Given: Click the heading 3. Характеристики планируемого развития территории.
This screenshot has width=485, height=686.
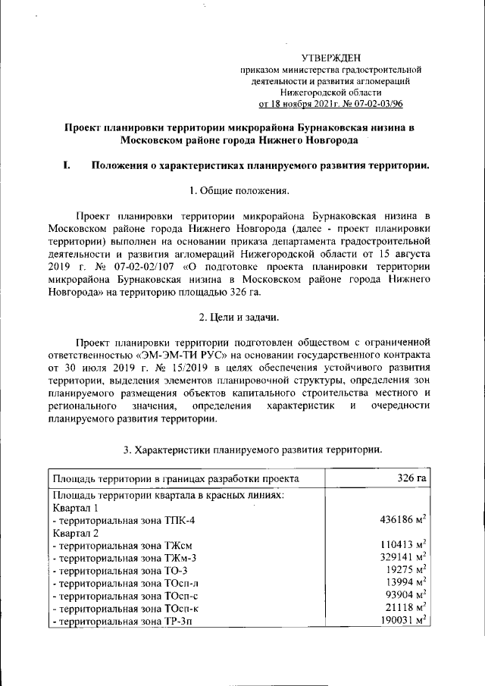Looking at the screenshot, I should click(x=252, y=450).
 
